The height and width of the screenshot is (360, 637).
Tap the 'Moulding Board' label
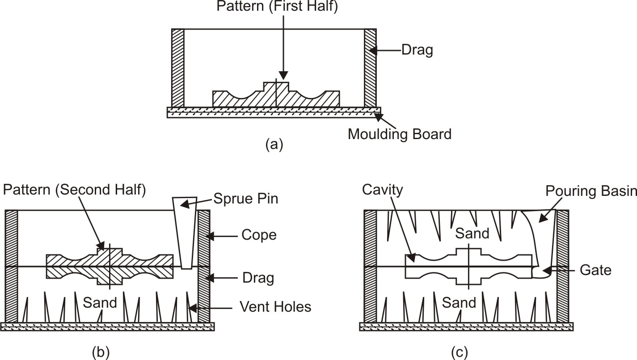click(x=400, y=134)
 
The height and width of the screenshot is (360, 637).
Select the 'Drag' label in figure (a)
click(x=417, y=51)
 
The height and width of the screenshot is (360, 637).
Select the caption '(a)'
click(x=274, y=144)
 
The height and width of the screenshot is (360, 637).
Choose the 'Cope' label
click(x=259, y=235)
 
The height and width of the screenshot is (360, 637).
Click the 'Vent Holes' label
click(x=275, y=307)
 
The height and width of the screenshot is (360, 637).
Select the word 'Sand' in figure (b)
click(x=100, y=303)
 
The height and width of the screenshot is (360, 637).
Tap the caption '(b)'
click(x=100, y=352)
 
